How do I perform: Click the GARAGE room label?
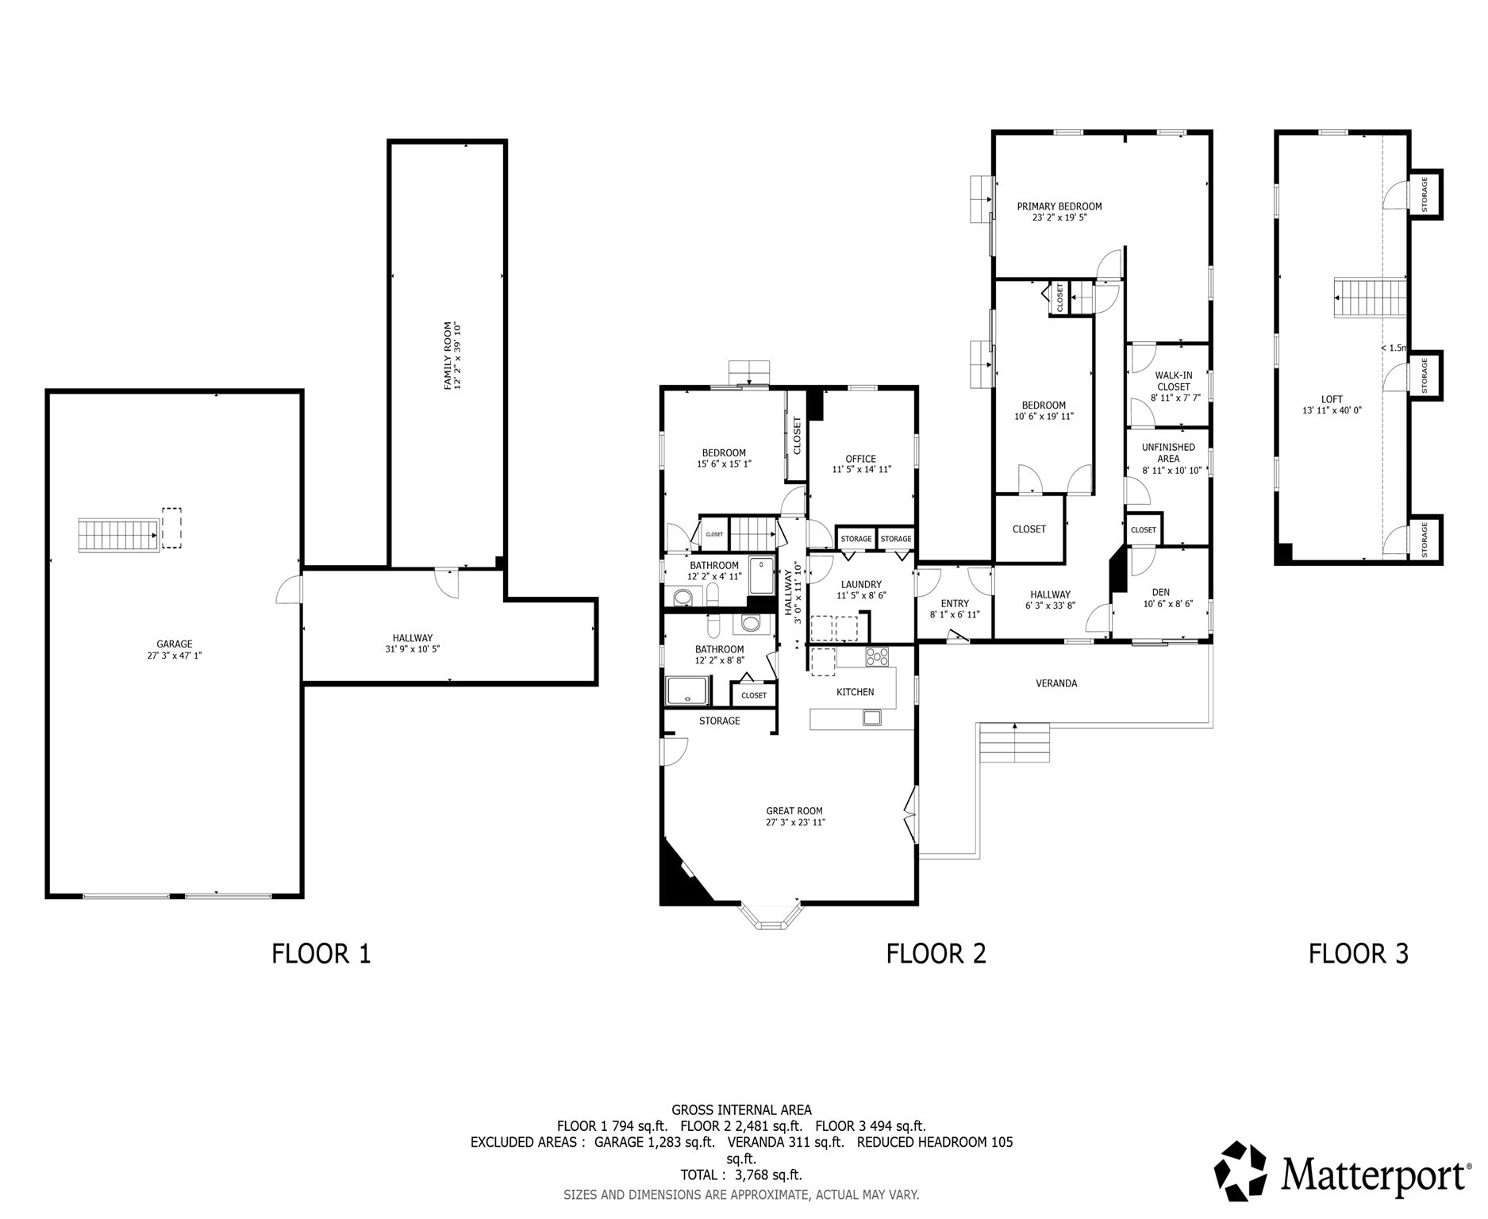pyautogui.click(x=174, y=644)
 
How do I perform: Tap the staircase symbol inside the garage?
pyautogui.click(x=117, y=535)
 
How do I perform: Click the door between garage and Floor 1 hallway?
pyautogui.click(x=289, y=590)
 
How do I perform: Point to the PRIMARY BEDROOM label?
pyautogui.click(x=1059, y=206)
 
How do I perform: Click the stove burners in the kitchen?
pyautogui.click(x=877, y=656)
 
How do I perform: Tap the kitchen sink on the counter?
pyautogui.click(x=872, y=718)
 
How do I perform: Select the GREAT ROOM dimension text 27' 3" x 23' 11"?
pyautogui.click(x=794, y=822)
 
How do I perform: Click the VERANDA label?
pyautogui.click(x=1056, y=683)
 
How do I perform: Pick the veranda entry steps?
pyautogui.click(x=1014, y=742)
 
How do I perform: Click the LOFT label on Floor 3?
pyautogui.click(x=1332, y=399)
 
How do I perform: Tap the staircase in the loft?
pyautogui.click(x=1369, y=298)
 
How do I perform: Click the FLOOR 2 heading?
pyautogui.click(x=936, y=953)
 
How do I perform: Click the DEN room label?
pyautogui.click(x=1161, y=592)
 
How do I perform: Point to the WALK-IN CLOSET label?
pyautogui.click(x=1174, y=381)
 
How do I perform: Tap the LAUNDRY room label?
pyautogui.click(x=859, y=584)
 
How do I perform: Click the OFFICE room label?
pyautogui.click(x=861, y=459)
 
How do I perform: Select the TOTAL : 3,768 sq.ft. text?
pyautogui.click(x=740, y=1175)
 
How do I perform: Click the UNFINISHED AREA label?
pyautogui.click(x=1168, y=452)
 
